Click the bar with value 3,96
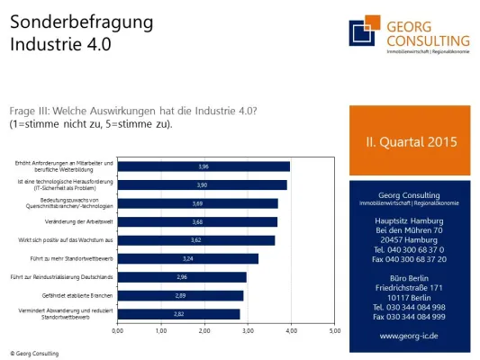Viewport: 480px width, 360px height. (204, 166)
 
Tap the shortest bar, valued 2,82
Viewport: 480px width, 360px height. (178, 314)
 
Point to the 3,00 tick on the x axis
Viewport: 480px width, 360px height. (247, 331)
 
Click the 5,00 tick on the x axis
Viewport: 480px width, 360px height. (333, 331)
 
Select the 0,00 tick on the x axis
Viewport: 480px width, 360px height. (117, 331)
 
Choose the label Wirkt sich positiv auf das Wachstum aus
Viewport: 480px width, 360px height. (65, 240)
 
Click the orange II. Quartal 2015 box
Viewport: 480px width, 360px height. (410, 141)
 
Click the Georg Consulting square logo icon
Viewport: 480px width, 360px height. (363, 30)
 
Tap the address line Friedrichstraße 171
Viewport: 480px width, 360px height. (411, 287)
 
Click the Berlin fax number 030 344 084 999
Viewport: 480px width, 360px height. (411, 317)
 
